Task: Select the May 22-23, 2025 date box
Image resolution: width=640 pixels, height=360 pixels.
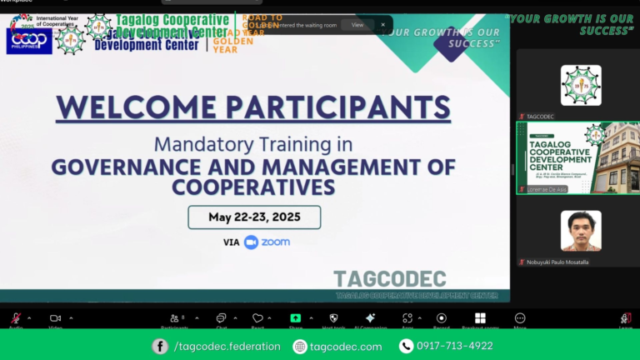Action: pyautogui.click(x=254, y=217)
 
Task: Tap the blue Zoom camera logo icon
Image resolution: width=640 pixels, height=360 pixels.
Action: pyautogui.click(x=251, y=242)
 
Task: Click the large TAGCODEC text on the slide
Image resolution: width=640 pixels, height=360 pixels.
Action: pyautogui.click(x=389, y=279)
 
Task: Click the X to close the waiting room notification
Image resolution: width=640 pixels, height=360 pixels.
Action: pyautogui.click(x=382, y=25)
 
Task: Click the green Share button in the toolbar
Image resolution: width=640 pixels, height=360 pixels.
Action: pyautogui.click(x=295, y=318)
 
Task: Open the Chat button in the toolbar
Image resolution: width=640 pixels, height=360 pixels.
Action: pyautogui.click(x=221, y=318)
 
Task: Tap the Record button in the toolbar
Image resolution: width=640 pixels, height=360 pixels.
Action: pyautogui.click(x=441, y=318)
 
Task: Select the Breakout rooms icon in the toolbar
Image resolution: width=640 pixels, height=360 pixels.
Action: pyautogui.click(x=480, y=318)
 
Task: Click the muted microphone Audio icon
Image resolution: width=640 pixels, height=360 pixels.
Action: pyautogui.click(x=15, y=318)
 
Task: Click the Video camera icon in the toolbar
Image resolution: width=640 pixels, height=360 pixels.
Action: pyautogui.click(x=55, y=318)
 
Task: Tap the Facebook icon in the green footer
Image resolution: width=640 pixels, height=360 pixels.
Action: pyautogui.click(x=160, y=347)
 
